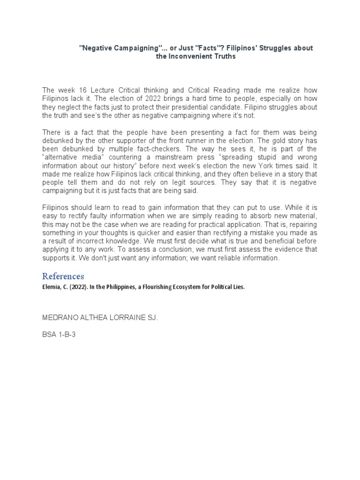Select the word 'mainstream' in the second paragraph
tap(195, 157)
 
